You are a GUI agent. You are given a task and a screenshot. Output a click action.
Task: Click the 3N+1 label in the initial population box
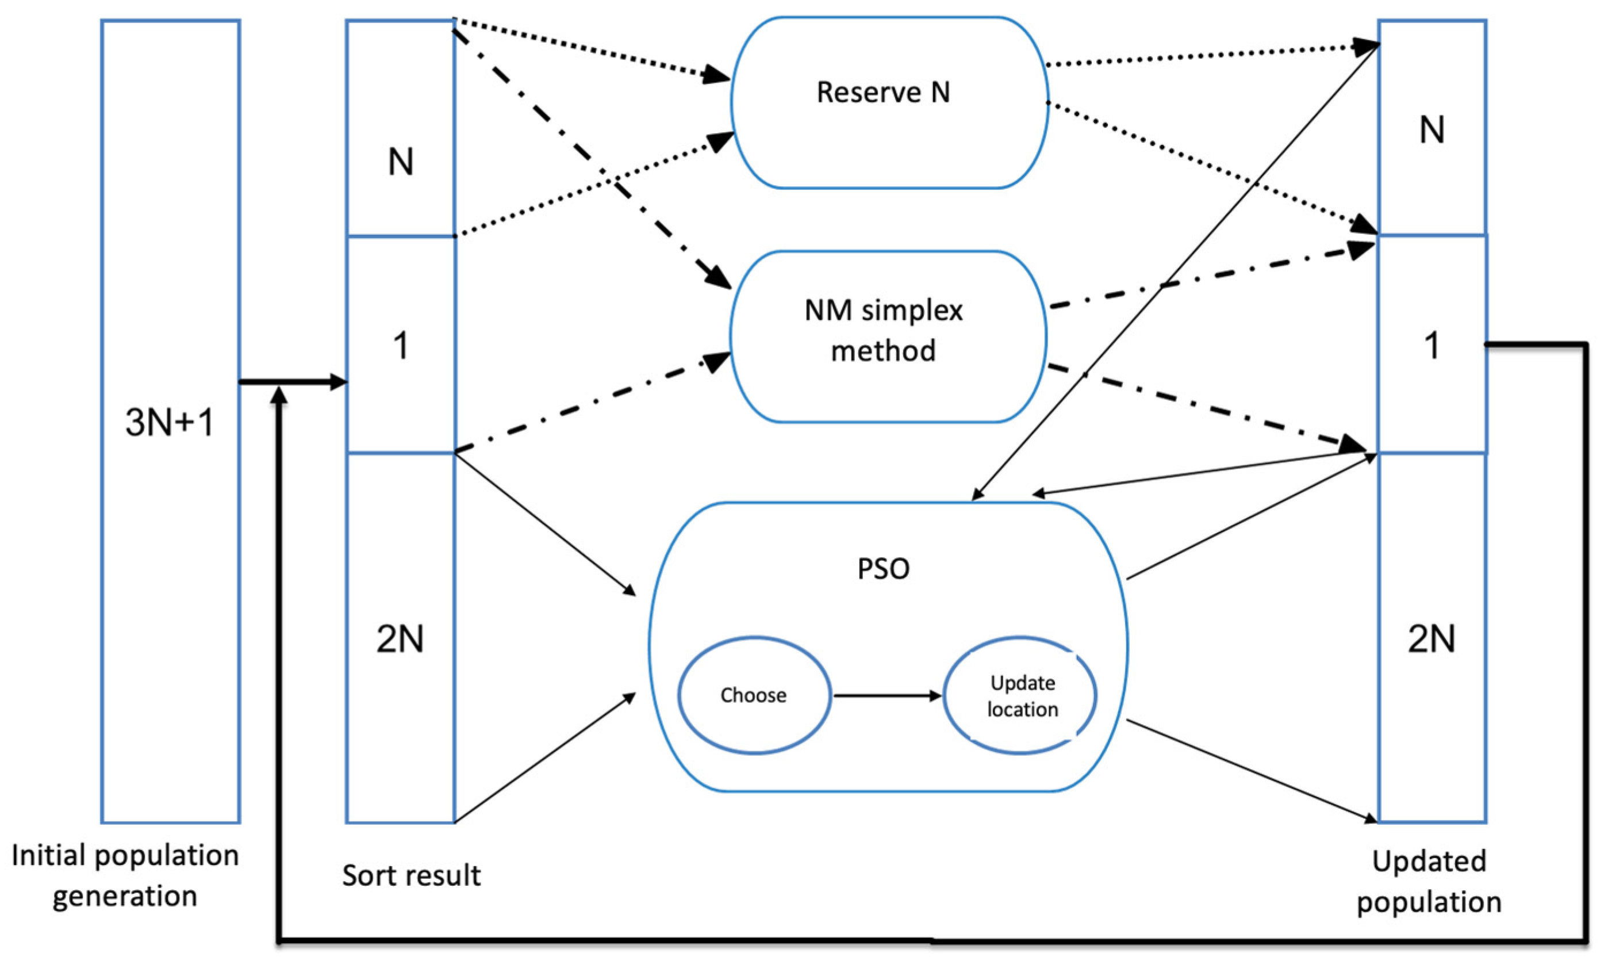coord(170,422)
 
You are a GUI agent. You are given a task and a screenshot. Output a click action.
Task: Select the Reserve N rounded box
coord(889,102)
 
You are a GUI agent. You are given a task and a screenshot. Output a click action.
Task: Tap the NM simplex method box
coord(889,337)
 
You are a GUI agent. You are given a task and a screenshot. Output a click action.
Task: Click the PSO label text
coord(883,569)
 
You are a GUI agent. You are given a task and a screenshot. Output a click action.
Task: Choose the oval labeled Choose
coord(754,695)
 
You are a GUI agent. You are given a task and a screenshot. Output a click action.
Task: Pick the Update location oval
coord(1020,695)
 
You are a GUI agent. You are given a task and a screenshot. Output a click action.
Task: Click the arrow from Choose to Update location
coord(888,696)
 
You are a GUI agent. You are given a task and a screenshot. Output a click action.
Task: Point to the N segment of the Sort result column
coord(400,128)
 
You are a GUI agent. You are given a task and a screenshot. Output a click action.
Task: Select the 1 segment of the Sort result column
coord(400,344)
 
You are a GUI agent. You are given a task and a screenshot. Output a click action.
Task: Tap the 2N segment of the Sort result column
coord(400,638)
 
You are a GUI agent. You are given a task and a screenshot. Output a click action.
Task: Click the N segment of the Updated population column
coord(1433,127)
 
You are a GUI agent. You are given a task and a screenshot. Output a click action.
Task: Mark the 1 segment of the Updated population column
coord(1433,344)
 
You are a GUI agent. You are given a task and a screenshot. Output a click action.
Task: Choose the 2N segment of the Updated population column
coord(1433,638)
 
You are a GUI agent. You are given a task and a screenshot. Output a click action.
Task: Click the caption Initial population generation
coord(125,875)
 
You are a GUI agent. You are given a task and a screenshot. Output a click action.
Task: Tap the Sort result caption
coord(411,875)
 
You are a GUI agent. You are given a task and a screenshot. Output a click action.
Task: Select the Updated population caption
coord(1429,882)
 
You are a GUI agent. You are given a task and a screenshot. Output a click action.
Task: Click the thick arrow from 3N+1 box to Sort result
coord(293,382)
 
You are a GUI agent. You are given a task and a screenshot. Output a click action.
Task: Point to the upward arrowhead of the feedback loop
coord(279,395)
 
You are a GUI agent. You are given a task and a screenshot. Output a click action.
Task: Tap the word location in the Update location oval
coord(1023,709)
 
